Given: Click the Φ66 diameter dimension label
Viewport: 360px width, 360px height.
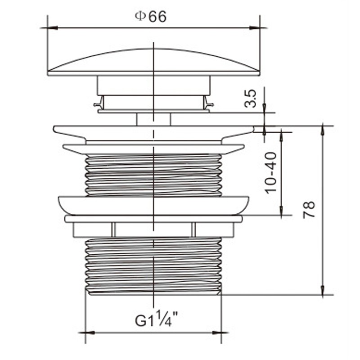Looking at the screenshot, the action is pos(150,17).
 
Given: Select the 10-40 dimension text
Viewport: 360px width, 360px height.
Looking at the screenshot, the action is pos(271,173).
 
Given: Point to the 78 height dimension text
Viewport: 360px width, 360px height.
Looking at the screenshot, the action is pos(309,210).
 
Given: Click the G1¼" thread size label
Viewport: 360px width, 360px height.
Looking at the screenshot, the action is pos(157,318).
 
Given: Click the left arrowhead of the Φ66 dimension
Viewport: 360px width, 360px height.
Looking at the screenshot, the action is pos(52,28).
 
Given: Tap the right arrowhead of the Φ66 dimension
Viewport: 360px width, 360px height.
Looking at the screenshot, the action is pos(255,28).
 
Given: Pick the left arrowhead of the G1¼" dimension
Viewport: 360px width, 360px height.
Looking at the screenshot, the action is pos(90,333).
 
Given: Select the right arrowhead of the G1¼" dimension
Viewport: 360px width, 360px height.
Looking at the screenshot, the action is pos(216,333).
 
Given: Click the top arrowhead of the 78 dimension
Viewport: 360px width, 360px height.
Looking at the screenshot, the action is pos(323,131).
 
